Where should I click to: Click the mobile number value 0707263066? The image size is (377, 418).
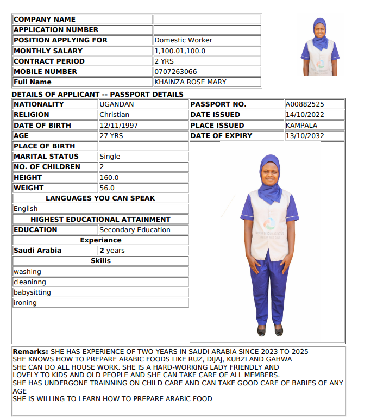(175, 72)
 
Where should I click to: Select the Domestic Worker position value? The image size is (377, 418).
(183, 40)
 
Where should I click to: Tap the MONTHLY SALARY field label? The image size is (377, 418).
(48, 51)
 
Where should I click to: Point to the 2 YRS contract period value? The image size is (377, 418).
(164, 61)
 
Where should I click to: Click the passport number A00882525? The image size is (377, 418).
(305, 104)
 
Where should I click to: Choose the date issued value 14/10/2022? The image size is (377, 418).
(304, 115)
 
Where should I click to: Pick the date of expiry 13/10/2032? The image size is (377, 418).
(304, 136)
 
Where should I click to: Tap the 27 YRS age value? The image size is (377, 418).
(111, 136)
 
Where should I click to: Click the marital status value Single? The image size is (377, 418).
(110, 157)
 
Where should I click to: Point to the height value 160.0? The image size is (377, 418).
(109, 178)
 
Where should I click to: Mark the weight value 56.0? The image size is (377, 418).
(107, 188)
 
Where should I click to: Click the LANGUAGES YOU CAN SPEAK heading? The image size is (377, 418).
(100, 198)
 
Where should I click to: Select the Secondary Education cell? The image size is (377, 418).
(135, 230)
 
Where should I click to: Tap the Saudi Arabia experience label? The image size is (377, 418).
(37, 251)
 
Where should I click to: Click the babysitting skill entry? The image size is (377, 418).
(32, 292)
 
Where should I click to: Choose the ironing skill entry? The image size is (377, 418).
(25, 303)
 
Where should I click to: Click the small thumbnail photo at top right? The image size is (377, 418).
(320, 47)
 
